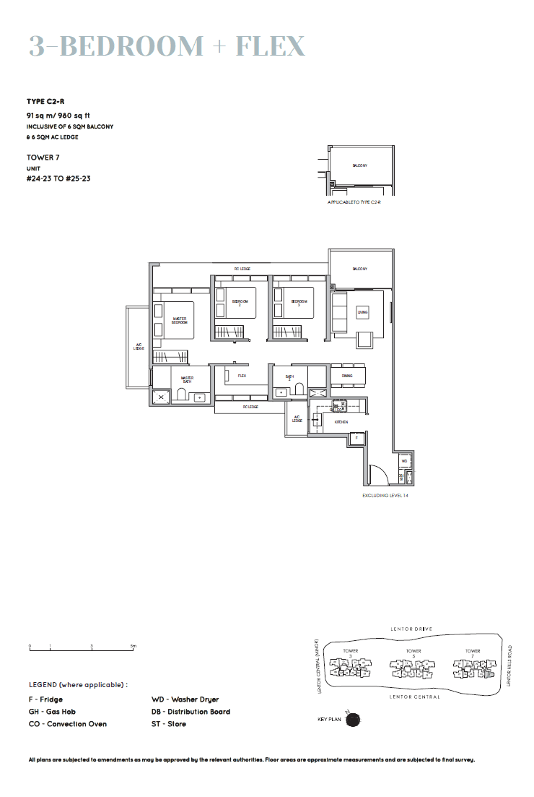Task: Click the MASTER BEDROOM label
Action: [x=180, y=320]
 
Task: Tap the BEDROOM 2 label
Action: [x=240, y=302]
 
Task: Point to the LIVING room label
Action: [x=362, y=312]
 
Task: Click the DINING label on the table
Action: [x=347, y=376]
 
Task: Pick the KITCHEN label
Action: [x=341, y=421]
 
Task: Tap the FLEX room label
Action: [x=242, y=376]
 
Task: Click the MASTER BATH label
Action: [x=187, y=379]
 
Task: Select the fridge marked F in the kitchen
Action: [x=356, y=438]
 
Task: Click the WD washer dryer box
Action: [x=404, y=460]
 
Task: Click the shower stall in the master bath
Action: [x=161, y=395]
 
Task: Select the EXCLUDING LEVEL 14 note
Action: [x=390, y=496]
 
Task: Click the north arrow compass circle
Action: [x=353, y=720]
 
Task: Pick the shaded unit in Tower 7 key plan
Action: [x=490, y=673]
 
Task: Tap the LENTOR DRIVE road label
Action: [x=411, y=629]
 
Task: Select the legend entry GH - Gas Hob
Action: [x=52, y=712]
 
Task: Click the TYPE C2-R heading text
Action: [x=46, y=102]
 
